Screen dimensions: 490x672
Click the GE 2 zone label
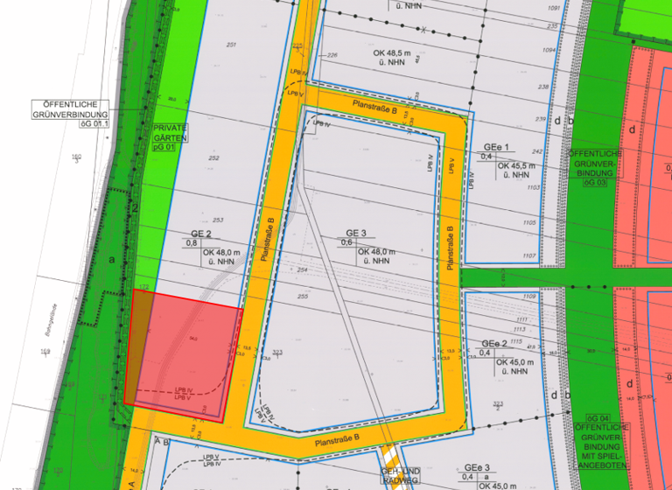point(201,234)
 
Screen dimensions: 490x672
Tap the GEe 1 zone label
point(495,147)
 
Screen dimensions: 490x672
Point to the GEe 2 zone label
point(494,343)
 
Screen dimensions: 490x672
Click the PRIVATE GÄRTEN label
point(170,132)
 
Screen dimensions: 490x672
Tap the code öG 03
point(596,183)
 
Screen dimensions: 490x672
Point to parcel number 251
point(231,45)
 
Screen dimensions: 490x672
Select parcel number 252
point(214,158)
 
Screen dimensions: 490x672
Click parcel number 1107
point(528,255)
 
